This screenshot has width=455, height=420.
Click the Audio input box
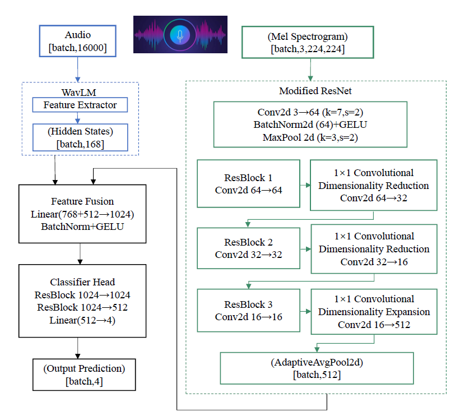point(78,41)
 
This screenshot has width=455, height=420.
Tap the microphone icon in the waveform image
point(180,35)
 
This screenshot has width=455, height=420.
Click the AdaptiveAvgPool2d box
point(317,368)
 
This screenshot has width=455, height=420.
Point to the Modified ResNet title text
point(315,91)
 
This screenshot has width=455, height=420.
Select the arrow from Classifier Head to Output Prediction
point(78,349)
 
